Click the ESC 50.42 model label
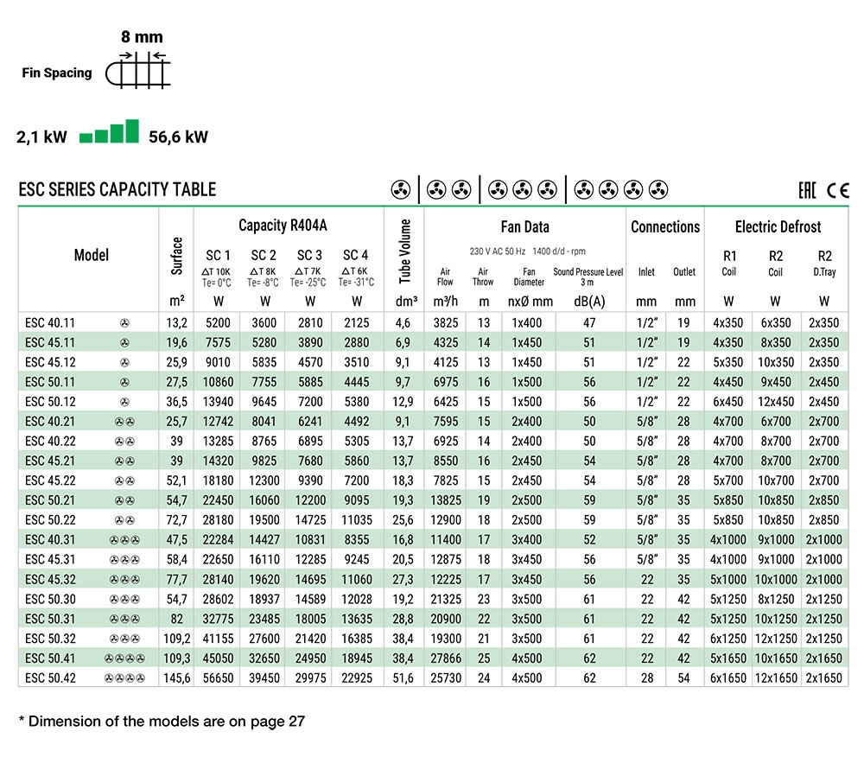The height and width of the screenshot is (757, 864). [50, 677]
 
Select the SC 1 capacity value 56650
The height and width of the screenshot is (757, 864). [219, 677]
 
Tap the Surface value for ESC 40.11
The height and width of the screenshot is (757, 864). [177, 323]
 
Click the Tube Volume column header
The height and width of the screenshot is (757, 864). [405, 251]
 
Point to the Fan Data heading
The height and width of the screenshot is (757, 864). [524, 226]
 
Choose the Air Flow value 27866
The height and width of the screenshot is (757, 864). [446, 658]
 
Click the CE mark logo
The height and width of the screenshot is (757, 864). [838, 190]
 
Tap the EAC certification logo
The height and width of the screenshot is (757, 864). [807, 190]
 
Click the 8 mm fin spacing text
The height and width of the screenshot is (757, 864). [143, 37]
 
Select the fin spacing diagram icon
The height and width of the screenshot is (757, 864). [137, 70]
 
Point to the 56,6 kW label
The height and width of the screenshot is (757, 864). [179, 137]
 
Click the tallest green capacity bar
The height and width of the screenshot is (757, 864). [132, 131]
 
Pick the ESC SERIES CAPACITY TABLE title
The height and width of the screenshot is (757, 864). [118, 189]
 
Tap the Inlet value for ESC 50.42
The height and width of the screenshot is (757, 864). [647, 677]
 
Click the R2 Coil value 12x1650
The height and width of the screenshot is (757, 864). [776, 677]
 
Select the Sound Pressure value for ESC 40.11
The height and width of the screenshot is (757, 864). [589, 323]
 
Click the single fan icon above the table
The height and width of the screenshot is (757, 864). [401, 190]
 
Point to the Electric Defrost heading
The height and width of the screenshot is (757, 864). [778, 226]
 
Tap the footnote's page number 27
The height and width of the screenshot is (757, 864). [296, 722]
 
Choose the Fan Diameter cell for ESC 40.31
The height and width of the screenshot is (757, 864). [527, 539]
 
